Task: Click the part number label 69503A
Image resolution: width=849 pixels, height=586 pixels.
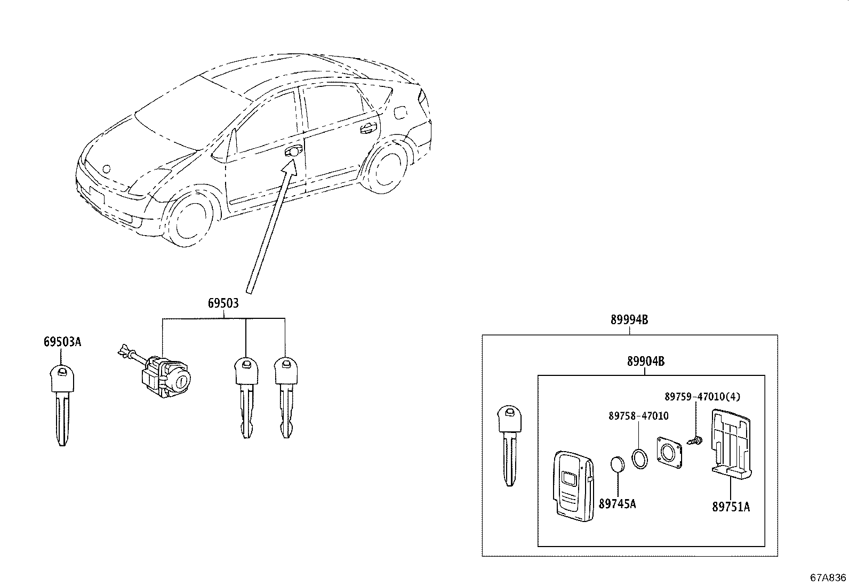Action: pos(62,342)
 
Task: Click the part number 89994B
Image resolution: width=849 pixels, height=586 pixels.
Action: pos(629,320)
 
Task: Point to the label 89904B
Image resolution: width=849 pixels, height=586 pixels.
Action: pos(645,361)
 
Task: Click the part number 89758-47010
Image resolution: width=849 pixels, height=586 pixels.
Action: pos(638,416)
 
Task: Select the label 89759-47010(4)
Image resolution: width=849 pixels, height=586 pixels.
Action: pos(702,397)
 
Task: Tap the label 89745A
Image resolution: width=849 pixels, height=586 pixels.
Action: pos(617,504)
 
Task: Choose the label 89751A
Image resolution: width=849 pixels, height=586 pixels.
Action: pos(731,507)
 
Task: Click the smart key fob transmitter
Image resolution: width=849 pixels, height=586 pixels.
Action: pos(574,486)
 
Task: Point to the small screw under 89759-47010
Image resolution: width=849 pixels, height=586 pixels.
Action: pos(695,440)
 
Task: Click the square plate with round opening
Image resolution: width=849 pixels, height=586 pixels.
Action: pos(669,452)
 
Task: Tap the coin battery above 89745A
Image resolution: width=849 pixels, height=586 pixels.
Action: pos(618,465)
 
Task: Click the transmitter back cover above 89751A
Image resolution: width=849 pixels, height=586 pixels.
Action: pos(731,444)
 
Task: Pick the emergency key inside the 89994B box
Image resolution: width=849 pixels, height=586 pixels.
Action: pos(510,446)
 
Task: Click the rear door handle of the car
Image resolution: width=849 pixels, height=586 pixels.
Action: pos(368,129)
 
